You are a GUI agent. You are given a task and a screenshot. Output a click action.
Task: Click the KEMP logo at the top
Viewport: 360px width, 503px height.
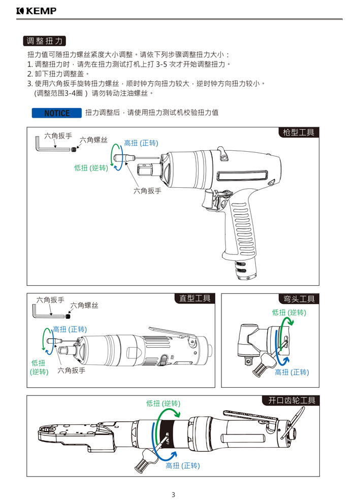click(x=36, y=11)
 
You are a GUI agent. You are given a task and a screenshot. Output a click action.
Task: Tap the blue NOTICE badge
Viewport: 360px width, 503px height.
click(x=57, y=113)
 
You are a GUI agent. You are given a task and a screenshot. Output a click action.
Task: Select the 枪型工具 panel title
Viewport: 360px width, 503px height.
click(x=299, y=133)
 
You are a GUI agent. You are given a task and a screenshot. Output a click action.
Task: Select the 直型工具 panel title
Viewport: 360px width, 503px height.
click(x=194, y=298)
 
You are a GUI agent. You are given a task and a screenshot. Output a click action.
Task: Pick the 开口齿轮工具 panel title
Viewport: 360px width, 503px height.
click(x=291, y=400)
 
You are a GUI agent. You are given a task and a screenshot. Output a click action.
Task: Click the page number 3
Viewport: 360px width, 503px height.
click(x=173, y=495)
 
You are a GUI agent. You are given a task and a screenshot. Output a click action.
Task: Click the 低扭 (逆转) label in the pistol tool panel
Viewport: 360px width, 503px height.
click(x=91, y=168)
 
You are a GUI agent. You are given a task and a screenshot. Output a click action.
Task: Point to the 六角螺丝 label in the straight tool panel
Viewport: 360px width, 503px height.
click(x=84, y=306)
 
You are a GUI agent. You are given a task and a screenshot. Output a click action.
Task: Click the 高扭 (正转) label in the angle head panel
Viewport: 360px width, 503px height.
click(x=291, y=372)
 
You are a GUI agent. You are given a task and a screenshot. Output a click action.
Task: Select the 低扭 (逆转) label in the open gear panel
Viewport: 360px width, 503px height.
click(x=163, y=404)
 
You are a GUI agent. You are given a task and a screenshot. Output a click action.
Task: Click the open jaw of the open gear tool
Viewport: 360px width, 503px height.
click(x=48, y=431)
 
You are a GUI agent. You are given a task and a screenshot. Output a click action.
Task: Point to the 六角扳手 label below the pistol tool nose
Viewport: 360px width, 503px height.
click(x=147, y=191)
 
